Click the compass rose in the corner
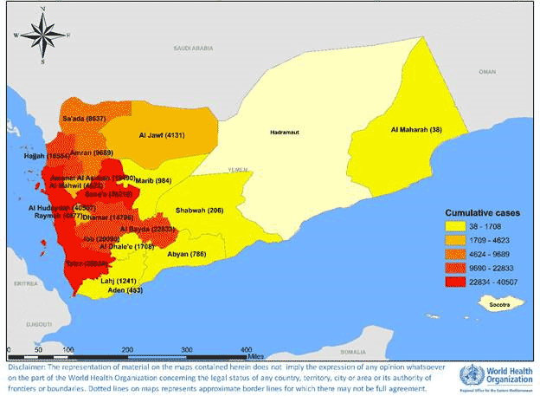[40, 36]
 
